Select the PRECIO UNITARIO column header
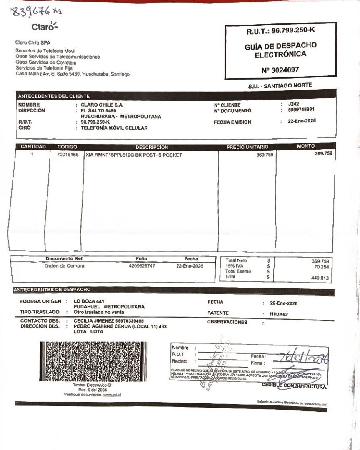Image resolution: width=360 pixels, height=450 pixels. point(247,147)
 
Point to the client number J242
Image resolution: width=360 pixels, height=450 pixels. point(293,104)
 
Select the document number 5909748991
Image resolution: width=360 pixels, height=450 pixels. point(301,110)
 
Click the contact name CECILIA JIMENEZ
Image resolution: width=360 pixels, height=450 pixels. point(94,321)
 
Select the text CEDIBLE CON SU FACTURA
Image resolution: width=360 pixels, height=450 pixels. point(294,386)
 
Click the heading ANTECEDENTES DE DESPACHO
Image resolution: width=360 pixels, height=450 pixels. point(52,289)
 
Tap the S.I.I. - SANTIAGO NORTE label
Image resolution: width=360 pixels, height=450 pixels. point(280,85)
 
